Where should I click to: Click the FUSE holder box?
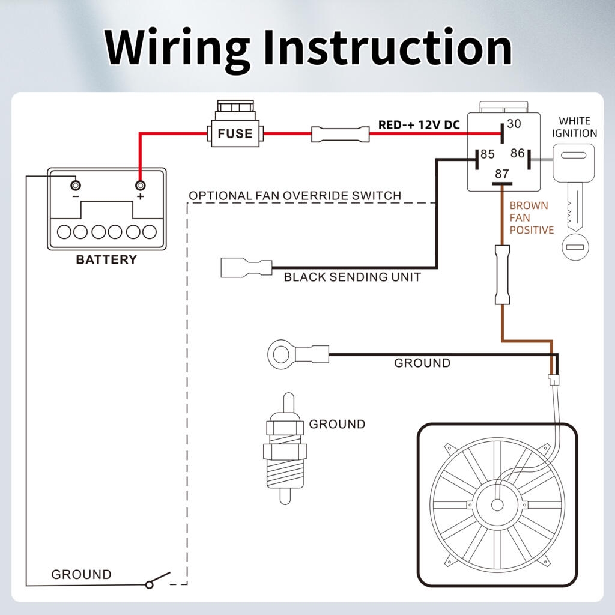pos(235,133)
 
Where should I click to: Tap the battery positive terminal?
pos(141,184)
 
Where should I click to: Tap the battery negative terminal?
pos(74,184)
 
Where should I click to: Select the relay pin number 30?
pos(514,124)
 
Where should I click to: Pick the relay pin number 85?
pos(487,155)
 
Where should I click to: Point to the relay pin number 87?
pos(501,174)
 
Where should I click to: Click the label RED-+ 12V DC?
pos(419,125)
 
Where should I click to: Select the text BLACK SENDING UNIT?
pos(352,277)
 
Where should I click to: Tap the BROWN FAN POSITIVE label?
pos(531,217)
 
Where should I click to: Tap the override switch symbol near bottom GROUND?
pos(158,581)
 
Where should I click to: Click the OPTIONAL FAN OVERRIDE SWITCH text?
pos(294,196)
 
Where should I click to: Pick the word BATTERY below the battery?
pos(106,260)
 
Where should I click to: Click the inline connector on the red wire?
pos(340,133)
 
